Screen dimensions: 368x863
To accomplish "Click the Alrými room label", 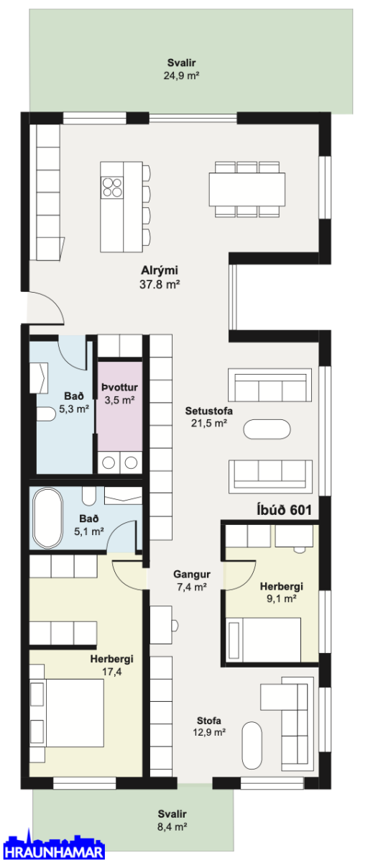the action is coord(160,270).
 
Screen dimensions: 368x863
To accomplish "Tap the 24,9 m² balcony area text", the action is coord(181,76).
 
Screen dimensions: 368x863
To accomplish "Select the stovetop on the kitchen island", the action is coord(112,187).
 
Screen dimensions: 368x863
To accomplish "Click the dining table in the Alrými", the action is coord(247,189).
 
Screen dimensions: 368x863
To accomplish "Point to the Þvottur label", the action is coord(120,387).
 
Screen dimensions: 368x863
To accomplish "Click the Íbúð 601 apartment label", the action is coord(284,510).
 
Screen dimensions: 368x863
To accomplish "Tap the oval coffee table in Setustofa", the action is coord(267,429).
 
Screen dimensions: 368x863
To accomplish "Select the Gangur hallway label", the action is coord(192,574).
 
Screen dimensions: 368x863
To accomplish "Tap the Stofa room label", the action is coord(209,721).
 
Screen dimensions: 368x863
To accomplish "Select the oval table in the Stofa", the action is coord(252,745).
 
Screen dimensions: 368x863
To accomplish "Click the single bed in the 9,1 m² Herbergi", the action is coord(264,639).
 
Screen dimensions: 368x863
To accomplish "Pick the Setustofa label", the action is coord(208,411).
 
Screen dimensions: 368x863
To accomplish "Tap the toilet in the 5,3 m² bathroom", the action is coord(46,414).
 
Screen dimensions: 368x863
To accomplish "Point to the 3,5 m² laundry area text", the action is coord(120,400).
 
